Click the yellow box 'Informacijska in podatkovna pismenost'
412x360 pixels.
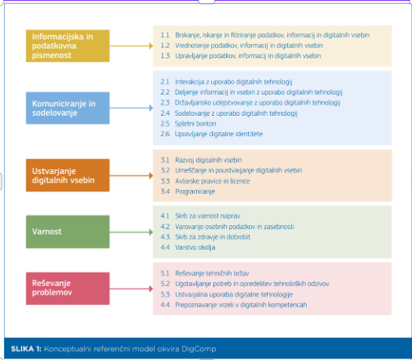point(68,46)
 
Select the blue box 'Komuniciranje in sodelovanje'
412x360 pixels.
point(68,108)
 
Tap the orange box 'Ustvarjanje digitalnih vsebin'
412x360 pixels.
point(68,175)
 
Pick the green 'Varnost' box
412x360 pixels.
point(68,232)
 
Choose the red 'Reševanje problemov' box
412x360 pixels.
point(68,288)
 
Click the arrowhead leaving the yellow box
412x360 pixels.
point(151,46)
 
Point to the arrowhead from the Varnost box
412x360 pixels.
point(151,232)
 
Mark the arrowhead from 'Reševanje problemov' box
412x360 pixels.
point(151,289)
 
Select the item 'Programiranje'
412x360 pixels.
point(195,192)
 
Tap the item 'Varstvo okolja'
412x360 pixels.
point(195,247)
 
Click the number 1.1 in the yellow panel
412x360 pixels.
point(165,35)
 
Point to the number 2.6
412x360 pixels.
point(165,134)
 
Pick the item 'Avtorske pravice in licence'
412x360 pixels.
point(212,181)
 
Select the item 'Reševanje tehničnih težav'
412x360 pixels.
point(212,273)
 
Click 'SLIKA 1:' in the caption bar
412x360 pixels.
point(26,349)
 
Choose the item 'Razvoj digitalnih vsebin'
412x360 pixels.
point(208,160)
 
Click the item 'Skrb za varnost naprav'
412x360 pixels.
point(208,216)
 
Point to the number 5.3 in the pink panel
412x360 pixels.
point(165,294)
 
